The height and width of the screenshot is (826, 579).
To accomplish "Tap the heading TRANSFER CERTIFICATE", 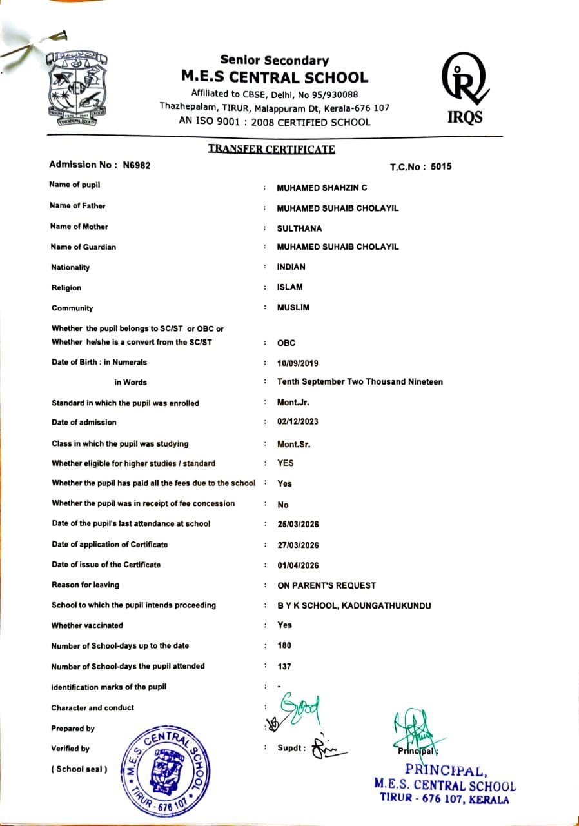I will tap(271, 150).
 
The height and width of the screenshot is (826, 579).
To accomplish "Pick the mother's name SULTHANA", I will tap(299, 228).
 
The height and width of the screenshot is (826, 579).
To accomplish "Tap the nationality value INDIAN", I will tap(291, 267).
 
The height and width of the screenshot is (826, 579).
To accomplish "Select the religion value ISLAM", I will tap(289, 287).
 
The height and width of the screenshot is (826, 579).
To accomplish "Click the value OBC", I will tap(286, 343).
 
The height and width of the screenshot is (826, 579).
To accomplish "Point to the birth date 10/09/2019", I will tap(297, 363).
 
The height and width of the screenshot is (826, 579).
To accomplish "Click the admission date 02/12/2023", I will tap(297, 422).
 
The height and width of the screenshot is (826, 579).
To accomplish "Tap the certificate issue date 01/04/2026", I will tap(298, 565).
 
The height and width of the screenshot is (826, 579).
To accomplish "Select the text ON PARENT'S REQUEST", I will tap(326, 586).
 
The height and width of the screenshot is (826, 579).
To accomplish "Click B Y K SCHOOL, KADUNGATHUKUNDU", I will tap(354, 606).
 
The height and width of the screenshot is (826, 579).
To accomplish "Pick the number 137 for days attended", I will tap(284, 667).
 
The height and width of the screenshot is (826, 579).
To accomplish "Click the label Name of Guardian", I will tap(83, 247).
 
